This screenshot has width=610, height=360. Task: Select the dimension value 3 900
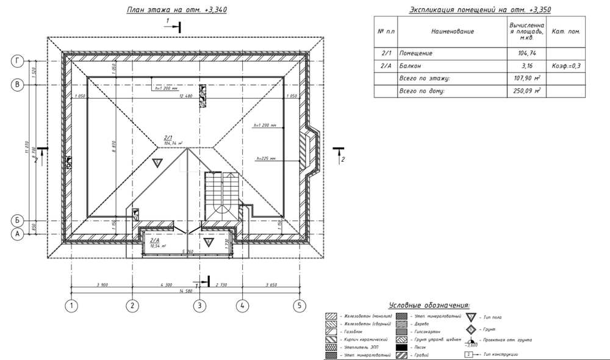coord(101,284)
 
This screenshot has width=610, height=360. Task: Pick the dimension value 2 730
coord(220,284)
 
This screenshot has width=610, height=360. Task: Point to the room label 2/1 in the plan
coord(169,138)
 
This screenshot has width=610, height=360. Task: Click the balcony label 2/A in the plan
coord(154,240)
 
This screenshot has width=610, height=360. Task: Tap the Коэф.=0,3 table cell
coord(566,66)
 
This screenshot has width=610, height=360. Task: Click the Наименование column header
coord(452,31)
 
